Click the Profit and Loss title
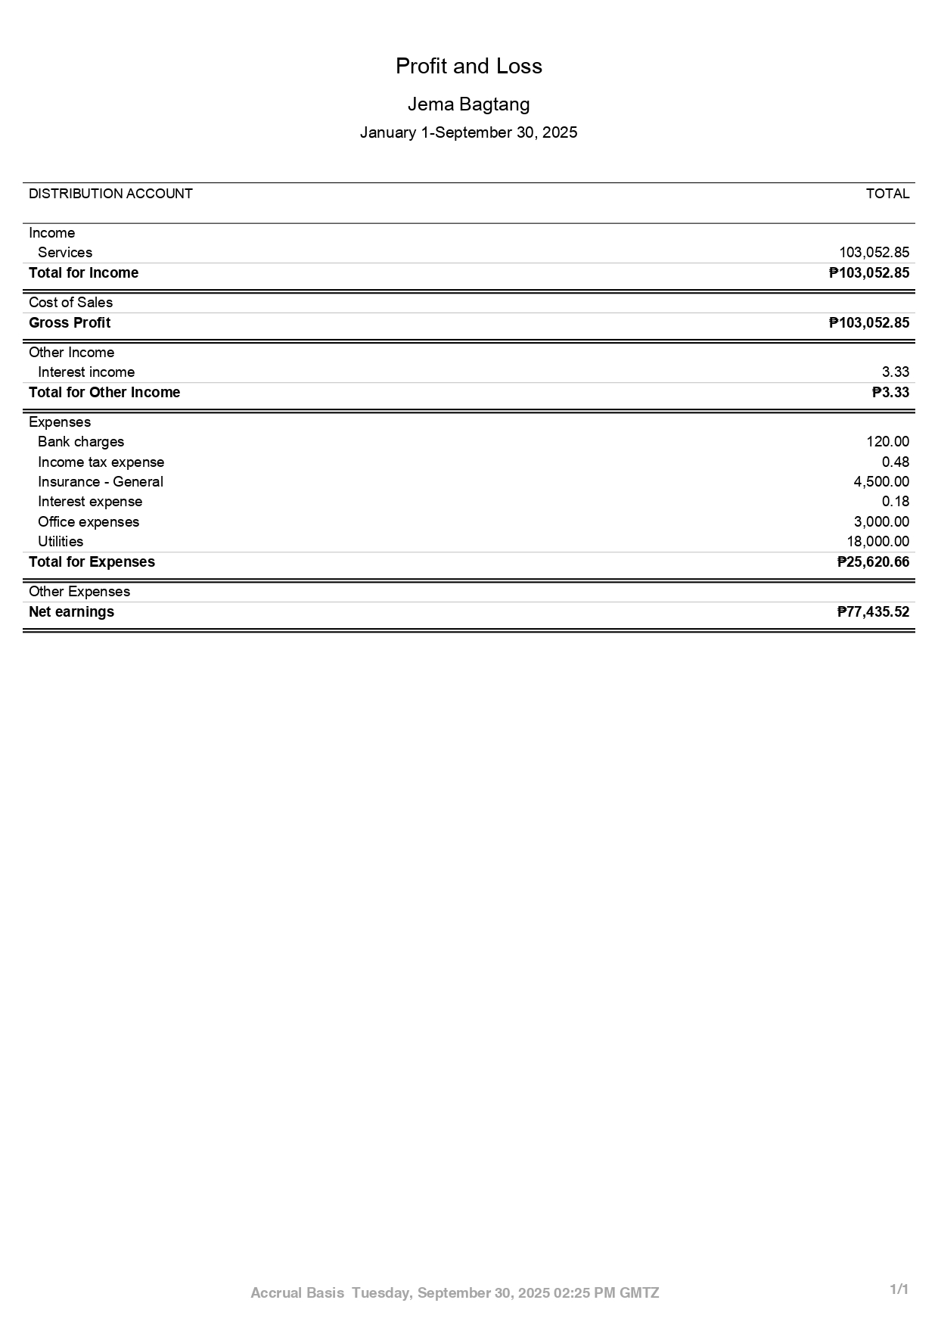click(468, 67)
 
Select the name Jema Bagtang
click(468, 104)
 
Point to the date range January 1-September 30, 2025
click(468, 133)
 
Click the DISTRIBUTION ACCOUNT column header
click(110, 194)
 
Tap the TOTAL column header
click(887, 194)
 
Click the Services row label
click(65, 253)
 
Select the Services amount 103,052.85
click(874, 253)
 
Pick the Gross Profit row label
click(70, 323)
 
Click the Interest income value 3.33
click(895, 372)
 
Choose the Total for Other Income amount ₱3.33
click(890, 393)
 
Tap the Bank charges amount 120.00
click(887, 442)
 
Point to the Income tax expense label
click(101, 462)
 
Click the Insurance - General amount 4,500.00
click(881, 482)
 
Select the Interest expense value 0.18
click(895, 502)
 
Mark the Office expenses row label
click(89, 522)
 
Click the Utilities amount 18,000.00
click(877, 542)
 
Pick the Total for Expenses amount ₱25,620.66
click(873, 562)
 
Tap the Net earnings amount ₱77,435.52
click(873, 612)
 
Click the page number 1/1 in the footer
click(899, 1289)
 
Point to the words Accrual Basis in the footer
click(297, 1293)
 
